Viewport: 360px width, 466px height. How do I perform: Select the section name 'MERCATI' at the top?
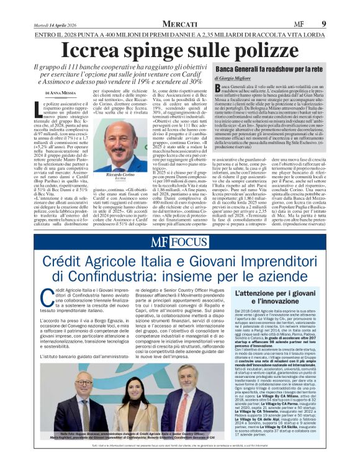coord(181,24)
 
